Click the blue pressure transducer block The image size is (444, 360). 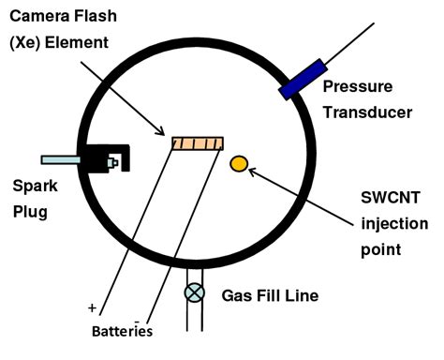tap(303, 79)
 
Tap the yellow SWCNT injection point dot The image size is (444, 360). tap(239, 164)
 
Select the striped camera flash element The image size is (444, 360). tap(198, 142)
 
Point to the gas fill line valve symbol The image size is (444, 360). tap(195, 292)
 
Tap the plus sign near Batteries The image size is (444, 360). tap(92, 307)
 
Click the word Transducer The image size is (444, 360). tap(367, 112)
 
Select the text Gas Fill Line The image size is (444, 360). tap(270, 295)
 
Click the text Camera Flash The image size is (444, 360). tap(57, 17)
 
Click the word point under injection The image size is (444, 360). tap(380, 250)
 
